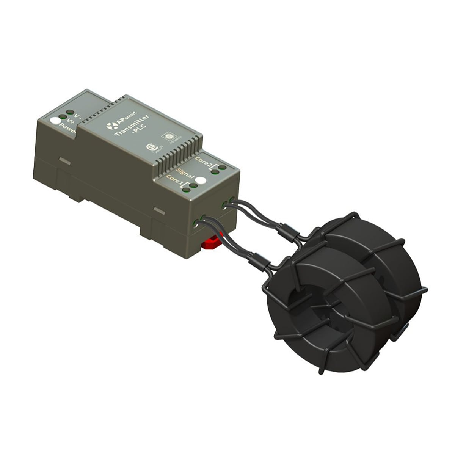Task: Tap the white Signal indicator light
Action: point(201,181)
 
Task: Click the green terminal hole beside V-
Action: point(70,113)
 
